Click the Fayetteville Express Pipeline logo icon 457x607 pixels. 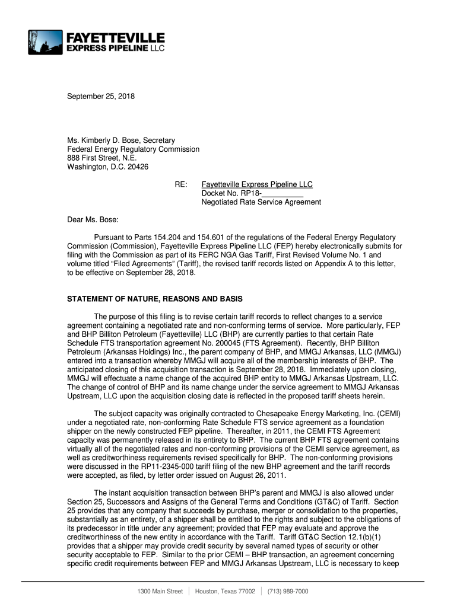(x=45, y=42)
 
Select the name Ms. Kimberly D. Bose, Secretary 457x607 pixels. (x=121, y=140)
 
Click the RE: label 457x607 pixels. (x=182, y=185)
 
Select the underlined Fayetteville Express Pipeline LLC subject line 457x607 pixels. (x=257, y=185)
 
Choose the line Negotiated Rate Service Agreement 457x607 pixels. (x=261, y=203)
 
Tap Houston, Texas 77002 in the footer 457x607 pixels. (x=225, y=592)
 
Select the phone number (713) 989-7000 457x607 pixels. (x=288, y=592)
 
